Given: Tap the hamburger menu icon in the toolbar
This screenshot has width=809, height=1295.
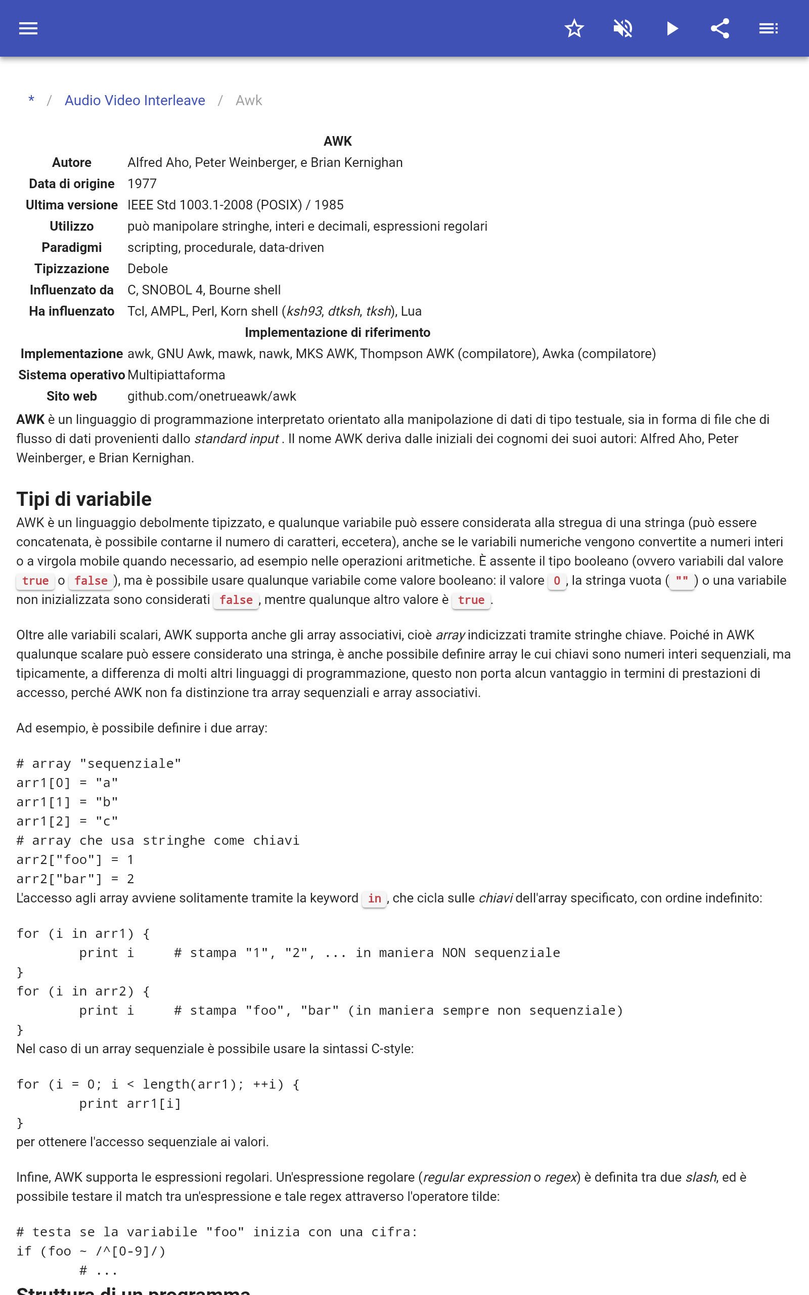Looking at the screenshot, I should click(x=28, y=28).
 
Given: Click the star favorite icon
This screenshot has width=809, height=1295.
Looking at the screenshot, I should click(x=574, y=28).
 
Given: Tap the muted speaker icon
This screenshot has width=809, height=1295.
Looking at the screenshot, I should click(x=623, y=28).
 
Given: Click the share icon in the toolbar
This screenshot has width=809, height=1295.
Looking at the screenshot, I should click(x=720, y=28).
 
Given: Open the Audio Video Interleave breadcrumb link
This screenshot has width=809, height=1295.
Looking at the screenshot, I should click(x=135, y=101).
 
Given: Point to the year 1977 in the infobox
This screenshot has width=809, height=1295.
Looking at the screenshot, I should click(x=142, y=184).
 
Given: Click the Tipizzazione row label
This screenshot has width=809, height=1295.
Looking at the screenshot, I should click(x=72, y=269).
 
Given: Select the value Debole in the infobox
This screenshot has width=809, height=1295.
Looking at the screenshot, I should click(x=148, y=269).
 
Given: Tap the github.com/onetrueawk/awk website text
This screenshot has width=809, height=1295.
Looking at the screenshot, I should click(x=211, y=397).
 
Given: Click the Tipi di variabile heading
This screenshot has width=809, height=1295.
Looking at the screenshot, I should click(x=84, y=499).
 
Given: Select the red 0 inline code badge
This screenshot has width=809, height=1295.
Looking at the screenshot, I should click(x=557, y=581).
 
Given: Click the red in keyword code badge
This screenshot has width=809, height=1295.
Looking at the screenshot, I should click(x=375, y=899).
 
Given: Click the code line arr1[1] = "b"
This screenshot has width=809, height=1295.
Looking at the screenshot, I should click(x=67, y=802).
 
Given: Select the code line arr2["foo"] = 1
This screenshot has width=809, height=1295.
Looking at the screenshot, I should click(x=75, y=860).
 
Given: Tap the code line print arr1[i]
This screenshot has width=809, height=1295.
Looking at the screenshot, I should click(x=130, y=1104).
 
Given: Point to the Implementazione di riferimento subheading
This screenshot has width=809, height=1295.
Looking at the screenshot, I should click(x=337, y=333).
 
